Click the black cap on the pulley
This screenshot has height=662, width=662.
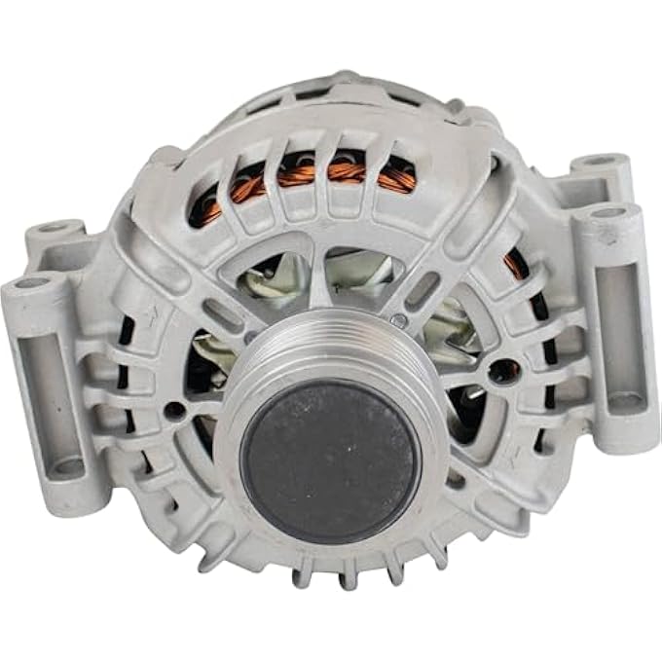331,460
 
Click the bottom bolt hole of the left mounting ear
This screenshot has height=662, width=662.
68,467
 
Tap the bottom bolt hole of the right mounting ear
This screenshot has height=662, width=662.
622,400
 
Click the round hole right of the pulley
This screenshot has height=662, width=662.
503,371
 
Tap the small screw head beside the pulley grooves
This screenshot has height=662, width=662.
400,319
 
